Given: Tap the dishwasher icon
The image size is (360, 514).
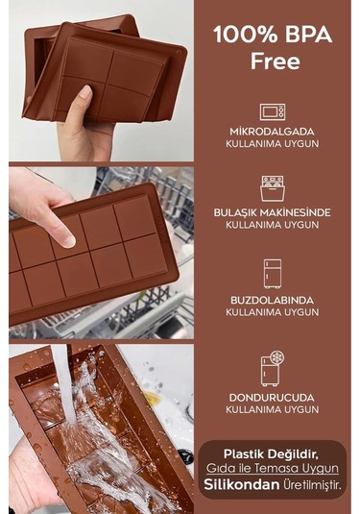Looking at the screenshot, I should tap(271, 187).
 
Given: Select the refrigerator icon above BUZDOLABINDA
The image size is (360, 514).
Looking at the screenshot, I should tap(271, 274).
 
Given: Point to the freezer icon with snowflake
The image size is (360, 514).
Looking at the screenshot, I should tap(272, 369).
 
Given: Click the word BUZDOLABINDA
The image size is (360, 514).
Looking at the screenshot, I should tap(271, 300).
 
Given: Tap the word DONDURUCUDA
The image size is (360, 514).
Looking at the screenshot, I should tap(271, 396).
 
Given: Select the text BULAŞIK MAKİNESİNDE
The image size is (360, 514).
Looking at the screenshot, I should tap(271, 211).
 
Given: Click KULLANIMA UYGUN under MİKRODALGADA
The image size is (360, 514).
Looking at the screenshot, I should tap(271, 144).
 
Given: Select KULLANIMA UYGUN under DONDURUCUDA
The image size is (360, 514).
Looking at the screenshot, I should tap(271, 409).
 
